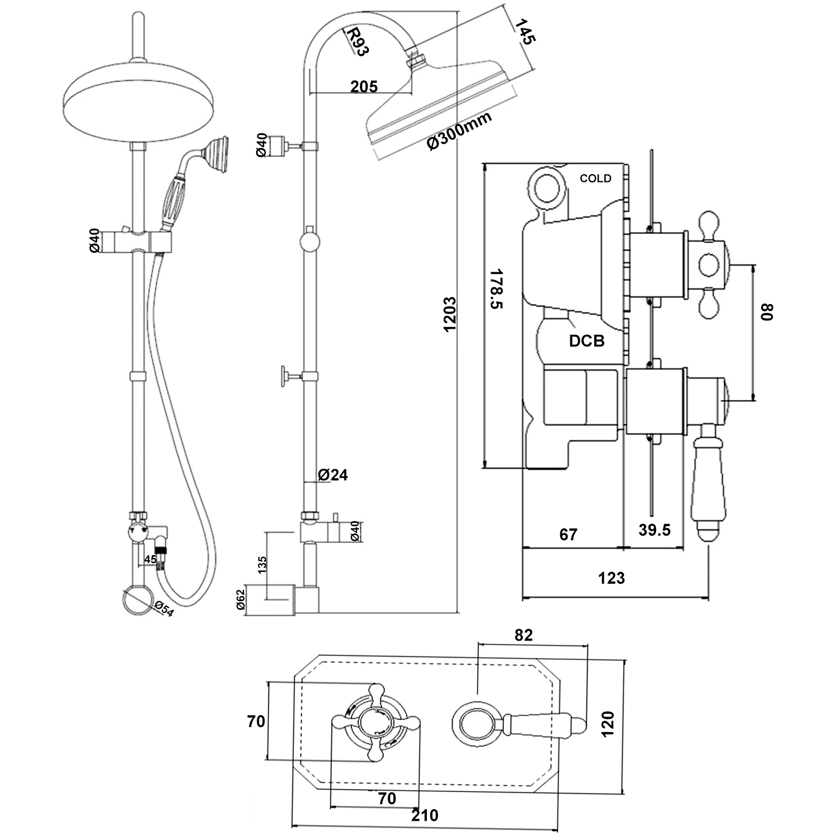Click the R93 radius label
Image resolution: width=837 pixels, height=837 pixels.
tap(358, 42)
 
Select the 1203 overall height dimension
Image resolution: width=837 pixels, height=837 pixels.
tap(450, 314)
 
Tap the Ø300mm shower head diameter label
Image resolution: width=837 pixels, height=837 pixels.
tap(459, 131)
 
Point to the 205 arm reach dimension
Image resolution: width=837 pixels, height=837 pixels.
tap(364, 86)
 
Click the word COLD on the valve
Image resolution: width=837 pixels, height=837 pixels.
tap(595, 179)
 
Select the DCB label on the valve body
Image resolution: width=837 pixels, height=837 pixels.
tap(586, 340)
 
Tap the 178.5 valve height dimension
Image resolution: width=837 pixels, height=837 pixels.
tap(496, 288)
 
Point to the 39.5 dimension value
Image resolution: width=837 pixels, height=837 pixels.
tap(654, 530)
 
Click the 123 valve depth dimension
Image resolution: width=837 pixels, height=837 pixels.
tap(612, 578)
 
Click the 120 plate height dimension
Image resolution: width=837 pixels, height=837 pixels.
tap(608, 724)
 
